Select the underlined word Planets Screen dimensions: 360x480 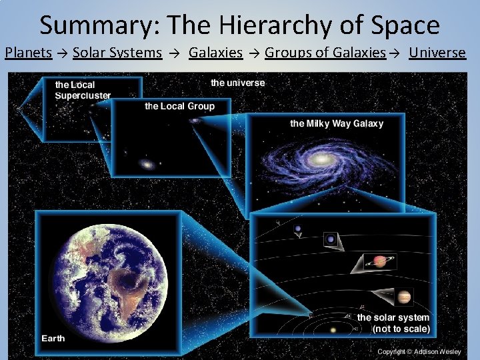click(29, 52)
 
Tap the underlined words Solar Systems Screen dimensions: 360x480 click(117, 52)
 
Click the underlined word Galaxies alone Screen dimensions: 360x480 click(215, 52)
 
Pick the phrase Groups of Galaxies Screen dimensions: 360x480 click(325, 52)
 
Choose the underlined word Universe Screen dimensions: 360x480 click(437, 52)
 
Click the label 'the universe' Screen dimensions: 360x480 click(237, 83)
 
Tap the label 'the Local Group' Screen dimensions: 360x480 click(179, 106)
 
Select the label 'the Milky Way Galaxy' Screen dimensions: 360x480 click(337, 123)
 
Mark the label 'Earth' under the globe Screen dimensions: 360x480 click(53, 338)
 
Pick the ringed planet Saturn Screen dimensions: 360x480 click(382, 261)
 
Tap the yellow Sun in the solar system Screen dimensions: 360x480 click(333, 329)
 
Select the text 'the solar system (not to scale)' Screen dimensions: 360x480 click(393, 323)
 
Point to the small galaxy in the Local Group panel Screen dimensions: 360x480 click(147, 164)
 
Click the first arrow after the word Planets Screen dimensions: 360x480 click(62, 53)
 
